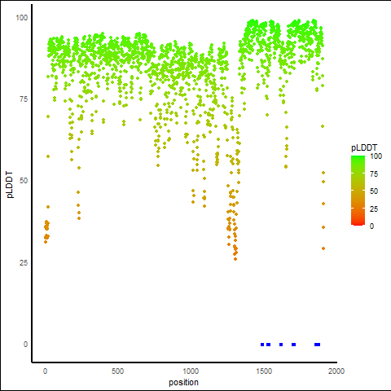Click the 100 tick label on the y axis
pos(22,18)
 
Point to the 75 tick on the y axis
pos(24,99)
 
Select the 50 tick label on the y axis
pos(24,181)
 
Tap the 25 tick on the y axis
pos(24,262)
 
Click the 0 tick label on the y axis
pos(25,345)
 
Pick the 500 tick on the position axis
pos(117,371)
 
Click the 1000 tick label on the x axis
pos(191,371)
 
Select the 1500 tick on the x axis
pos(264,371)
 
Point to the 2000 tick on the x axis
pos(336,371)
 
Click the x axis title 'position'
pos(183,382)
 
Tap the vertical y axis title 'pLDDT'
pos(10,185)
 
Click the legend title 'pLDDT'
pos(364,147)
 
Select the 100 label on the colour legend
pos(376,156)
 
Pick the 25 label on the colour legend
pos(374,209)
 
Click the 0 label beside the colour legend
pos(371,226)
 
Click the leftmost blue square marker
pos(262,345)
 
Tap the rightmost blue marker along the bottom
pos(317,345)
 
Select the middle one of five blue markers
pos(281,345)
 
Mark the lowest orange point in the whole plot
pos(235,259)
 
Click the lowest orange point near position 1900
pos(323,248)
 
